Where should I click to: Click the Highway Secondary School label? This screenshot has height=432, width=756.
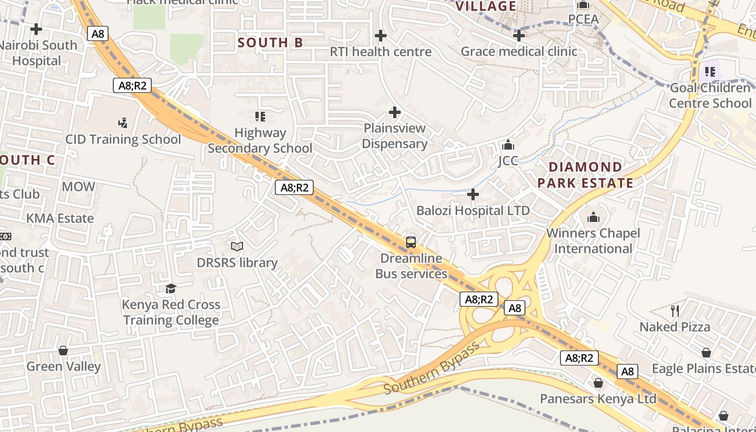[260, 140]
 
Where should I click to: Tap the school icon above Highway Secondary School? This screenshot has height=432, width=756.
[260, 117]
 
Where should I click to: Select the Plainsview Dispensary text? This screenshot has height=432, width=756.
[394, 136]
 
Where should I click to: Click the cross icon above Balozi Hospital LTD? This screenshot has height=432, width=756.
[473, 194]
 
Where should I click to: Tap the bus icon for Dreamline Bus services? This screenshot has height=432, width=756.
[411, 242]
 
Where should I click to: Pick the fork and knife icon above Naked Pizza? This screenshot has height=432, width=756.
[674, 310]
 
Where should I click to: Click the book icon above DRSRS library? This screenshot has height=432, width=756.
[237, 247]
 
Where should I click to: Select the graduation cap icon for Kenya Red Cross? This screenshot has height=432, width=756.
[171, 288]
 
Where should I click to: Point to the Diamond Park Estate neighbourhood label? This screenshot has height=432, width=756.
[585, 175]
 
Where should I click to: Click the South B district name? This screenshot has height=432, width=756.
[271, 43]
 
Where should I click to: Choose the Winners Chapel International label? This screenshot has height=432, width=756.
[593, 241]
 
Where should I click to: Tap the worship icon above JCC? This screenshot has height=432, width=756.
[508, 145]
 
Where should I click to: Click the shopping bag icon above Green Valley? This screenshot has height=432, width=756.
[63, 350]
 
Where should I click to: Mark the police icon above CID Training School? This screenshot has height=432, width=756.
[123, 123]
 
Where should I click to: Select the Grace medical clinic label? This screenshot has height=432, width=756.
[519, 52]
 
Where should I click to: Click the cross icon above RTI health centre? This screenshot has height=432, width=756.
[381, 36]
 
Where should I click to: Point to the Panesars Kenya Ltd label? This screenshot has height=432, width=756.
[598, 399]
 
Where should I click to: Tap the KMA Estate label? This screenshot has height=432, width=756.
[60, 219]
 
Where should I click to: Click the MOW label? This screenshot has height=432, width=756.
[78, 187]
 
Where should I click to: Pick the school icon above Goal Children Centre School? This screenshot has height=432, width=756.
[710, 71]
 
